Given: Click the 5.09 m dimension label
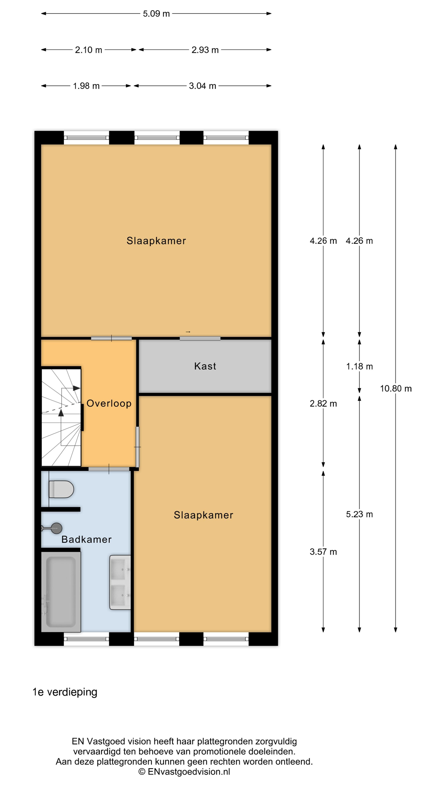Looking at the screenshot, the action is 156,14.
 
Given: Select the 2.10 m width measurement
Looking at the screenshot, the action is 88,50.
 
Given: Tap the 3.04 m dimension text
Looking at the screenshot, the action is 202,86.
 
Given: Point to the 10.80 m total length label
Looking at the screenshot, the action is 396,389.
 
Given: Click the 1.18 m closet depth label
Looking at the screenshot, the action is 359,366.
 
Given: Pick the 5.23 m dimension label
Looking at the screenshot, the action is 359,514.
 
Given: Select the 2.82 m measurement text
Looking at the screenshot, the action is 323,404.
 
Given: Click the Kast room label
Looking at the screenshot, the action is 205,366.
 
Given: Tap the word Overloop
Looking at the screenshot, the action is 109,403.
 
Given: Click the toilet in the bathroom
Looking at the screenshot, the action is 61,489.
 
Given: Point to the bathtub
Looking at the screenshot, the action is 61,592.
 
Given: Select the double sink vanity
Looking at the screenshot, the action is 120,582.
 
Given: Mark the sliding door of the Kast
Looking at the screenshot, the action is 200,338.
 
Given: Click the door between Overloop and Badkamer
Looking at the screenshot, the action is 109,469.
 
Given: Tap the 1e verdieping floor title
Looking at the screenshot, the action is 65,692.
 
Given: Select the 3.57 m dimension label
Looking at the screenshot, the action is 323,552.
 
